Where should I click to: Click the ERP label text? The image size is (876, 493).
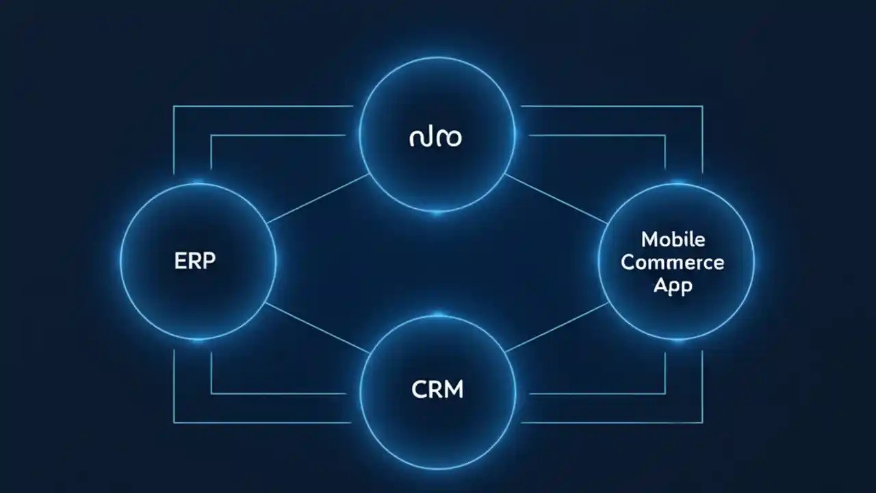coord(196,261)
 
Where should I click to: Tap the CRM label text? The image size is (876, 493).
coord(437,390)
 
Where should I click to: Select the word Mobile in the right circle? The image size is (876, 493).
coord(673,240)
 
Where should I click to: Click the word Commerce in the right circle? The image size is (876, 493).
coord(673,262)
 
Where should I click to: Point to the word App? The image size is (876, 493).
coord(673,285)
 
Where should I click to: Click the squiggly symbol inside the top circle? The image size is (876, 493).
coord(435,138)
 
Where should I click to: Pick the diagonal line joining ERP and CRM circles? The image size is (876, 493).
coord(316,327)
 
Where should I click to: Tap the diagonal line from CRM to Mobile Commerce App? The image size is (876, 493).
coord(556,327)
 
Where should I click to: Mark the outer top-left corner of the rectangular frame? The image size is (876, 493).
coord(174,106)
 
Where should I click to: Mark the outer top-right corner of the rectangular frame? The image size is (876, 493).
coord(702,106)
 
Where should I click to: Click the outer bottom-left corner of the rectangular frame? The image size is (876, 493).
coord(174,422)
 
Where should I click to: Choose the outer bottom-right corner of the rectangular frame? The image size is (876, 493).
coord(702,422)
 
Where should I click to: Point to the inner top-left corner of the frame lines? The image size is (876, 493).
coord(211,136)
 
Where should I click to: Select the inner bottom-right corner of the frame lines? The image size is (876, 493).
coord(665,394)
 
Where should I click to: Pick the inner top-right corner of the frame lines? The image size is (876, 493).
coord(665,136)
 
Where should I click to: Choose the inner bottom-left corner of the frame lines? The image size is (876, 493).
coord(211,394)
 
